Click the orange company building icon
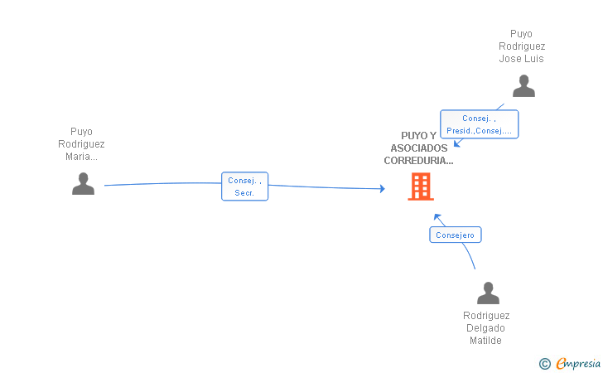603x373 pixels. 421,186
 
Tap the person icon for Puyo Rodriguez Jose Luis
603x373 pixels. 523,86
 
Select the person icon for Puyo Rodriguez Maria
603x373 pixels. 83,184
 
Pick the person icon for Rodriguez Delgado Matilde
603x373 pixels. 488,293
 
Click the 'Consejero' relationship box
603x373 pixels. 456,235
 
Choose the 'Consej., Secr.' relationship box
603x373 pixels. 244,186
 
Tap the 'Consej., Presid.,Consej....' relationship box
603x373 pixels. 479,124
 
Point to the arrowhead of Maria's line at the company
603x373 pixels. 383,189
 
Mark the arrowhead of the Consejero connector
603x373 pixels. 437,217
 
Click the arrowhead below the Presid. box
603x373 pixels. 457,143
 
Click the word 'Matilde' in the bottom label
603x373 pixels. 485,341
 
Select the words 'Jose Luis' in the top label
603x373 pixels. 522,59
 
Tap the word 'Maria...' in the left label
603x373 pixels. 81,157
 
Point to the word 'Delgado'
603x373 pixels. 485,328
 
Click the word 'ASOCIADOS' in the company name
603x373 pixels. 419,148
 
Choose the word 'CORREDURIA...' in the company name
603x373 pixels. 418,161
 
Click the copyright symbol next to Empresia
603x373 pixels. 544,364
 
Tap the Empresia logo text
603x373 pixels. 578,364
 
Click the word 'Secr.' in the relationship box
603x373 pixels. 244,193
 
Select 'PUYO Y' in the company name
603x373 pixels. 418,135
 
